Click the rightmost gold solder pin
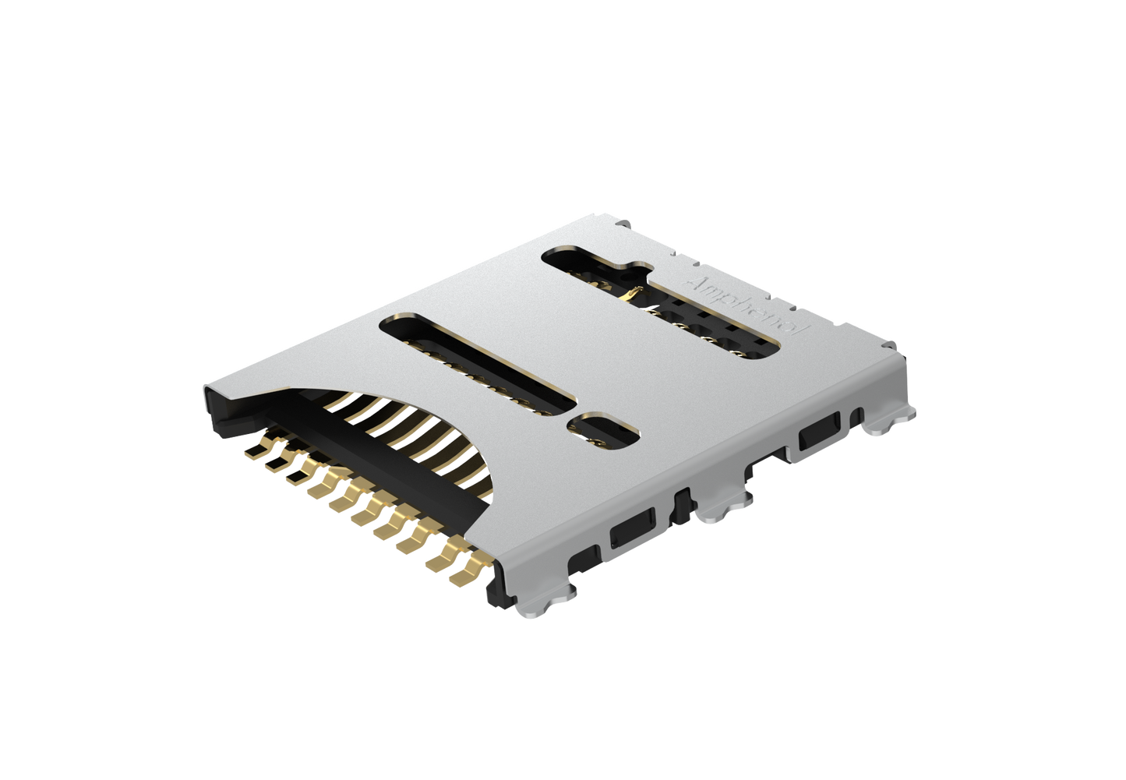point(470,573)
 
